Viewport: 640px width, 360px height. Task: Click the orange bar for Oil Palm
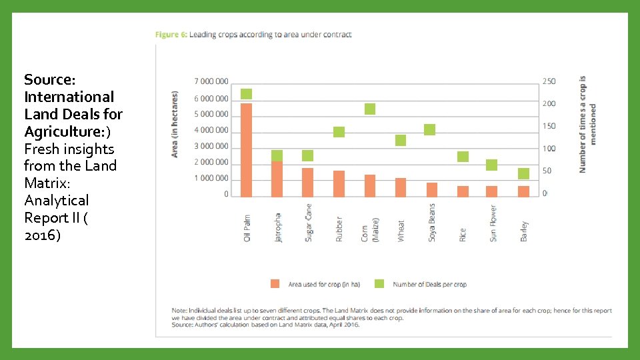[x=247, y=150]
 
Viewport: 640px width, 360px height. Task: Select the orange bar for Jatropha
[x=277, y=179]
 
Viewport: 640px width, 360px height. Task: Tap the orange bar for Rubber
[x=339, y=183]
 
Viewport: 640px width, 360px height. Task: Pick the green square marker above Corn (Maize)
[x=370, y=109]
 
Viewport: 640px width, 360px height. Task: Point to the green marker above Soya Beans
[x=430, y=129]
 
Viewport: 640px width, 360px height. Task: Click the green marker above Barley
[x=524, y=173]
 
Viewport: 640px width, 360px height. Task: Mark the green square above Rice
[x=463, y=157]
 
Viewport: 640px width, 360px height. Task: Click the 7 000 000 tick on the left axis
[x=211, y=81]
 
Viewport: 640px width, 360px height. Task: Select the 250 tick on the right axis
[x=549, y=81]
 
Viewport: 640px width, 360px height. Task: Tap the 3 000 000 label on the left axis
[x=211, y=146]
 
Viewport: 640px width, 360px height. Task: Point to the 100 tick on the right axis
[x=549, y=149]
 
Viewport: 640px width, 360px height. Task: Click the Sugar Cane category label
[x=309, y=222]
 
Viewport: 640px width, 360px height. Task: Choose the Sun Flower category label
[x=493, y=223]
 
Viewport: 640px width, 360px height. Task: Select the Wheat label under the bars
[x=401, y=231]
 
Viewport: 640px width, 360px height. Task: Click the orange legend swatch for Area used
[x=275, y=283]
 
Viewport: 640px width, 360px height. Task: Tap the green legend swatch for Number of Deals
[x=379, y=283]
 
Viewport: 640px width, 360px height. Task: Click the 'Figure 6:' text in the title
[x=171, y=35]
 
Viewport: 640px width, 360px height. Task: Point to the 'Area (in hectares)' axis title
[x=175, y=124]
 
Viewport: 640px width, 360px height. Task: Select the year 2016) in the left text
[x=42, y=235]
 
